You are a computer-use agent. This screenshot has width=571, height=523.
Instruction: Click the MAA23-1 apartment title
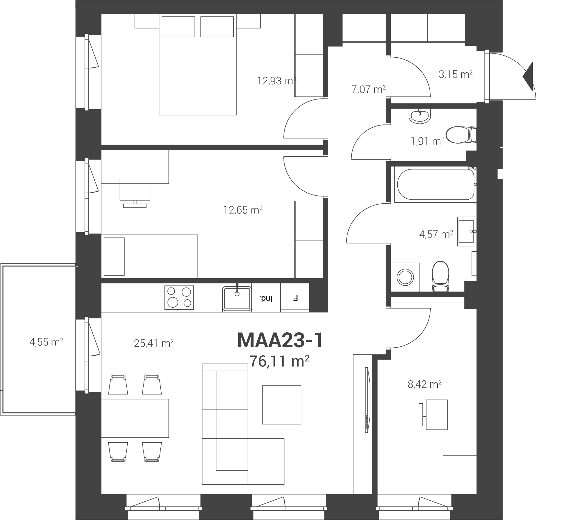pos(280,341)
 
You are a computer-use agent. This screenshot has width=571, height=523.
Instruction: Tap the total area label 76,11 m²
pos(279,361)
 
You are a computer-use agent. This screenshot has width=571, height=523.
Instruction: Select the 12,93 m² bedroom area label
pos(277,80)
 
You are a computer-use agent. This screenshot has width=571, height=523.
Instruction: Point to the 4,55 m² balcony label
pos(46,342)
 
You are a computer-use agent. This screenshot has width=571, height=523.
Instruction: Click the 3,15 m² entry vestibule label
pos(455,74)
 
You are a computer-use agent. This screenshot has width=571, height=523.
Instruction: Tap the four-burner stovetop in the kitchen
pos(179,297)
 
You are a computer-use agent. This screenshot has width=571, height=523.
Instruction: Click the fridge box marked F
pos(295,298)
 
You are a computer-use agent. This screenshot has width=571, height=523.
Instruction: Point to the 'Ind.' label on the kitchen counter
pos(266,298)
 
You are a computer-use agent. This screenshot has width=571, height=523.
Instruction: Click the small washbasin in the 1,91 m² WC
pos(420,116)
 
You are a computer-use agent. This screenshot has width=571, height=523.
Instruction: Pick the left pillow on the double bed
pos(178,27)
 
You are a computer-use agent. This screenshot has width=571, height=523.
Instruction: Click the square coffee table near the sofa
pos(282,405)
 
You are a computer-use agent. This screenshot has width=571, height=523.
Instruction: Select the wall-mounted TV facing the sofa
pos(367,400)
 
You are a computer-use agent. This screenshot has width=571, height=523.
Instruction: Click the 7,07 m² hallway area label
pos(368,89)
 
